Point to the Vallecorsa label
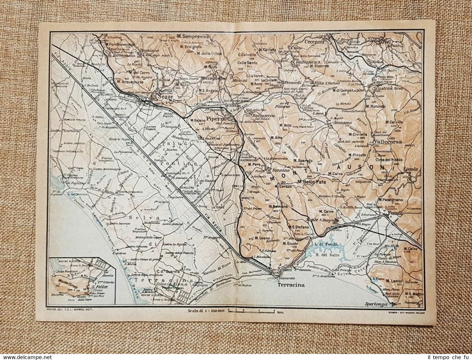(386, 141)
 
